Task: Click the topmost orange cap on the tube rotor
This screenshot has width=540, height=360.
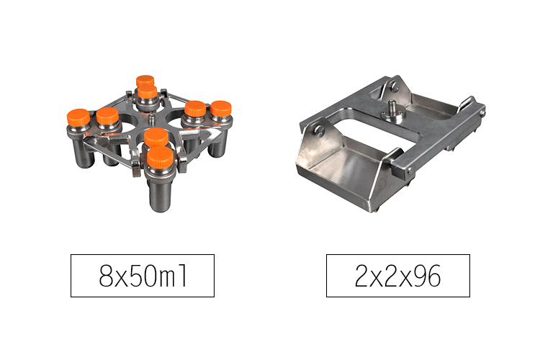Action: (x=145, y=81)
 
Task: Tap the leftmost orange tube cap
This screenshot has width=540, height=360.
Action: (x=78, y=117)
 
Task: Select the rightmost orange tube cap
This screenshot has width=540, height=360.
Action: (x=221, y=109)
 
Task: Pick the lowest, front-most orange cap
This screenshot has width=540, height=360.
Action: (x=160, y=158)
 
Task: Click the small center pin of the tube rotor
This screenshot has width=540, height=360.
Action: (x=152, y=120)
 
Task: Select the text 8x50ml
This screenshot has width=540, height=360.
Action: (x=143, y=276)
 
